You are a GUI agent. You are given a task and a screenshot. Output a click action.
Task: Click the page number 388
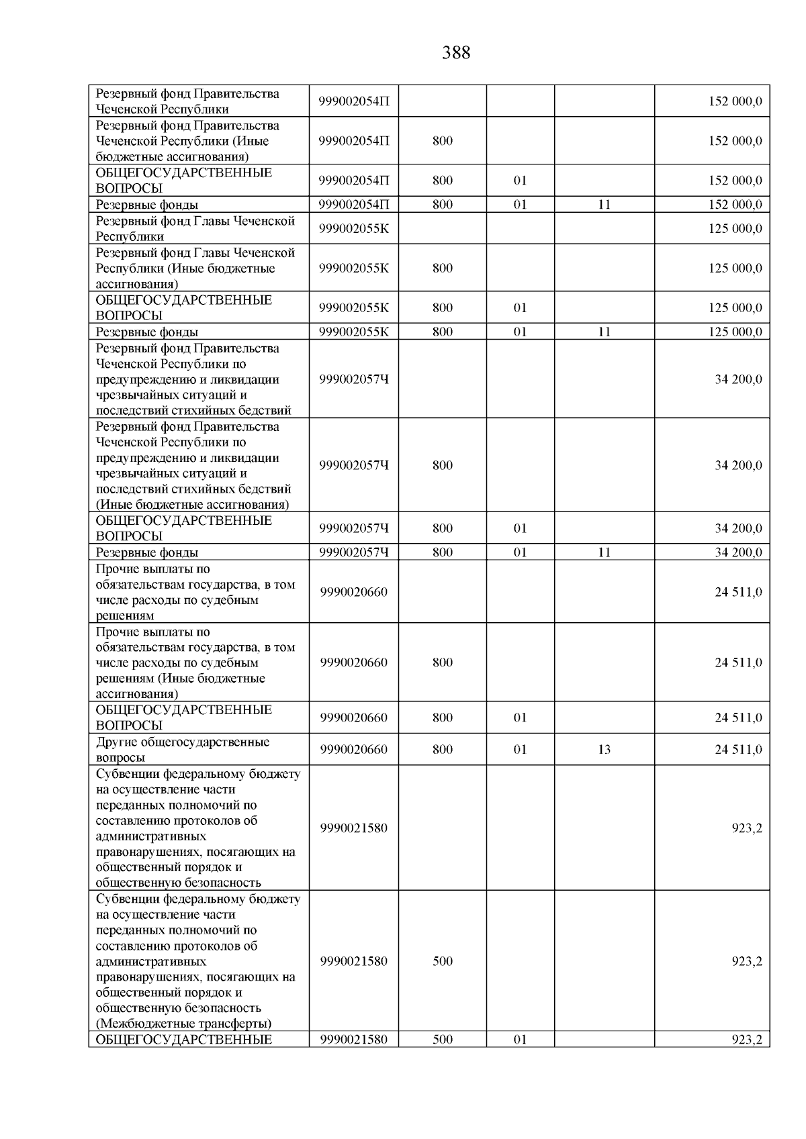coord(456,53)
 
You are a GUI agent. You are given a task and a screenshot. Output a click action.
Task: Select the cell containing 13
coord(604,750)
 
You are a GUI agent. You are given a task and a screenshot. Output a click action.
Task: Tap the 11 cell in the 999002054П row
coord(604,205)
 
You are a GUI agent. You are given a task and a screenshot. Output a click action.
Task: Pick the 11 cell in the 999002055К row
coord(604,332)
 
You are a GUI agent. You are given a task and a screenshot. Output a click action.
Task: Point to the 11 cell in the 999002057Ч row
coord(604,552)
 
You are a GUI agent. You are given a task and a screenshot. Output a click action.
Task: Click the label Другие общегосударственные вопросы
coord(182,750)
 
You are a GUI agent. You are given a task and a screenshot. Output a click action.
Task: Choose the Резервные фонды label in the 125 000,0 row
coord(147,332)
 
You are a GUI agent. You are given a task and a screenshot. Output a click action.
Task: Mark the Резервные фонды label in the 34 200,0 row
coord(147,552)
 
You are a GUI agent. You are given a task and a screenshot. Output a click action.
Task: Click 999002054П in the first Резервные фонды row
coord(354,205)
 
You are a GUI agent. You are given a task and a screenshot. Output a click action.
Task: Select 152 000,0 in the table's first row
coord(735,101)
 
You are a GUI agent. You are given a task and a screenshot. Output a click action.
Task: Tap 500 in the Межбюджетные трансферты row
coord(442,961)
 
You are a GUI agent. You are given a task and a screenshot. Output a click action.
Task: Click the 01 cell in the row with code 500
coord(520,1040)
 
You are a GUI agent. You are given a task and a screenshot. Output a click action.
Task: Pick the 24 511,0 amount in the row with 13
coord(737,750)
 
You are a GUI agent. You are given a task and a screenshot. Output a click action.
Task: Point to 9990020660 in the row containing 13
coord(354,750)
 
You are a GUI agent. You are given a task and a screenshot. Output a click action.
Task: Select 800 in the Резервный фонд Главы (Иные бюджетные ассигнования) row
coord(442,268)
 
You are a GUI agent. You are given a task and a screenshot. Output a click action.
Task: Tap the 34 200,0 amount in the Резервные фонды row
coord(737,552)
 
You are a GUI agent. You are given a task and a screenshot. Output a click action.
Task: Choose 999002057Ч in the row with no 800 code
coord(354,379)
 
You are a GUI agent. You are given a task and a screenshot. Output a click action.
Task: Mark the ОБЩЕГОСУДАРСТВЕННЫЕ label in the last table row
coord(184,1040)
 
